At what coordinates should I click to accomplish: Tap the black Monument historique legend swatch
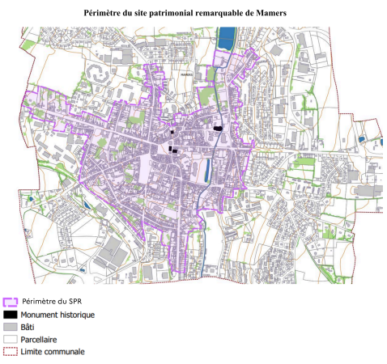click(10, 314)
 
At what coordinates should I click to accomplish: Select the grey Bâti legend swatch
click(10, 327)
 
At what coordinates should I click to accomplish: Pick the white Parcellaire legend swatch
click(10, 339)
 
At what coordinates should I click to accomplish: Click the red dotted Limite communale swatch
click(10, 352)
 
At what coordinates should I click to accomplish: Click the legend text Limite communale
click(53, 352)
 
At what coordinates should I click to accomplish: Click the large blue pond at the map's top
click(228, 36)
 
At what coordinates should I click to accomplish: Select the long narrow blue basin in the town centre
click(208, 170)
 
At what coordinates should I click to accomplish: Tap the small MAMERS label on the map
click(188, 75)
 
